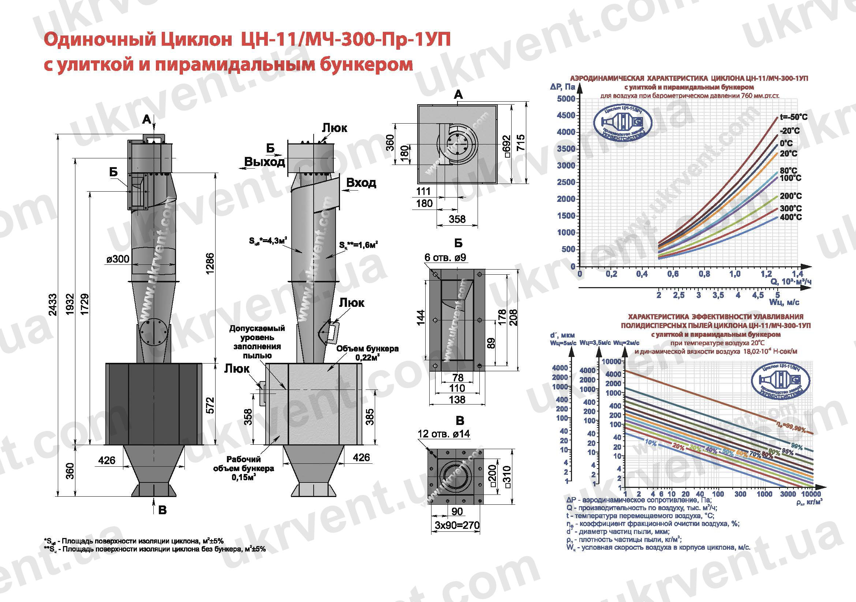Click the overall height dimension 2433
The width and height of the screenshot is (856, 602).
(53, 305)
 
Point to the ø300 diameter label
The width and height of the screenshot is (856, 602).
(118, 259)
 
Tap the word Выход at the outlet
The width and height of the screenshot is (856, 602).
(264, 162)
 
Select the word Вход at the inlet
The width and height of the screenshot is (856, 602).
(361, 183)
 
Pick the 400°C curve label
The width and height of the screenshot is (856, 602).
(790, 217)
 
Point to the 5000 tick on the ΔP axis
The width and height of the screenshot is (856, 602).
(566, 99)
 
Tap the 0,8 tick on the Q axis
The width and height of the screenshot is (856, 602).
(704, 274)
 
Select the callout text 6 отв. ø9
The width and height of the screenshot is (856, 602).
(445, 257)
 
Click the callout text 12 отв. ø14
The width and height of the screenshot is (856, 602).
(444, 434)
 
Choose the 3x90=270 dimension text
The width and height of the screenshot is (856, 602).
(457, 525)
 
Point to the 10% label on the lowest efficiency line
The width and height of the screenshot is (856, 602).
(650, 443)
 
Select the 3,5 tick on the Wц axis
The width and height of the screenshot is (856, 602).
(718, 296)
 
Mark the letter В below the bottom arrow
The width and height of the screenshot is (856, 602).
(162, 510)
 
